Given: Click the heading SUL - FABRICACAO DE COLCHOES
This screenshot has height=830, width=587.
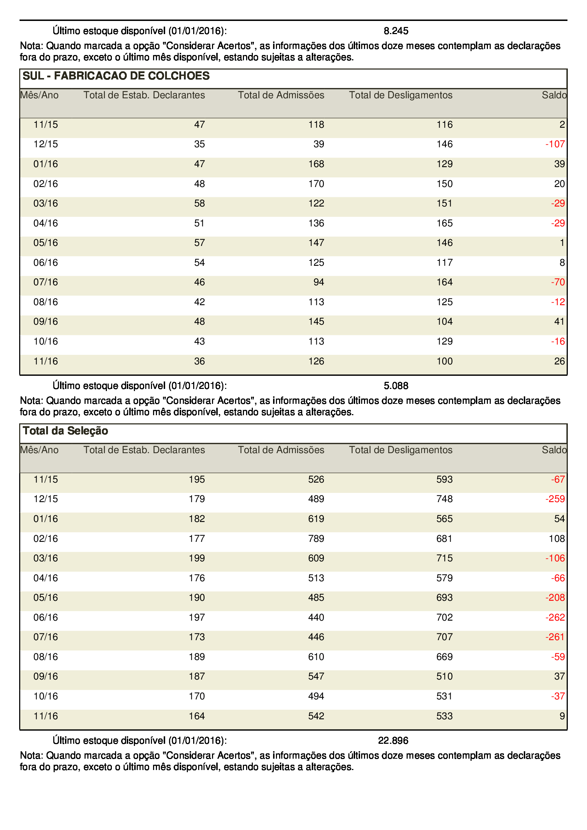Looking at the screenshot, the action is (116, 76).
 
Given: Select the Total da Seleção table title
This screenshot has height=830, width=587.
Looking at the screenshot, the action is (65, 430).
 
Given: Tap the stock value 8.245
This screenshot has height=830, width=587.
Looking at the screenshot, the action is (396, 31).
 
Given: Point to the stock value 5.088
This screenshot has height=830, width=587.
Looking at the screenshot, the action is (396, 386).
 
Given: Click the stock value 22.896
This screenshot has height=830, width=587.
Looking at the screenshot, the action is (393, 741).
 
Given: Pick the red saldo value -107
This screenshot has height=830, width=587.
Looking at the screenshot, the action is (555, 144).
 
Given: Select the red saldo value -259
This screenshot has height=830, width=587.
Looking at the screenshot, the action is (555, 499).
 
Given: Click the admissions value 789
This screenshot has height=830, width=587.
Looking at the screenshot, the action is (316, 539).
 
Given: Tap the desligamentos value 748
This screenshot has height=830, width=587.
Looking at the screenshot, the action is (445, 499).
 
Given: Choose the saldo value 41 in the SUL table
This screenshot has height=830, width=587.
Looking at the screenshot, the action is (560, 321).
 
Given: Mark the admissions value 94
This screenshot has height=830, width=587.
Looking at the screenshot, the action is (319, 282).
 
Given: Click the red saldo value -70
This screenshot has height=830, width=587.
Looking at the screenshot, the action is (558, 282).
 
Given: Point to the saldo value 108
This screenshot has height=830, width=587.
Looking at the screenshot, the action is (557, 539).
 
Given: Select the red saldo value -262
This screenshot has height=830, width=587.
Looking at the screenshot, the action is (555, 617).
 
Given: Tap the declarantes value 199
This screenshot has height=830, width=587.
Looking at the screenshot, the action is (197, 558).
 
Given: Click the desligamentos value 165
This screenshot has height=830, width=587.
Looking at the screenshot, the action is (445, 223).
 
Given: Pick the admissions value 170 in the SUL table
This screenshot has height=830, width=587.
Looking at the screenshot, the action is (316, 184).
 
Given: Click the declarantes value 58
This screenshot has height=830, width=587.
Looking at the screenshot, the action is (199, 203).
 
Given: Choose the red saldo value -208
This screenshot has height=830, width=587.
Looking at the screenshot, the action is (555, 598).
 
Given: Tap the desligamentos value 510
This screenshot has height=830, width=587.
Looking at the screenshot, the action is (445, 676).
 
